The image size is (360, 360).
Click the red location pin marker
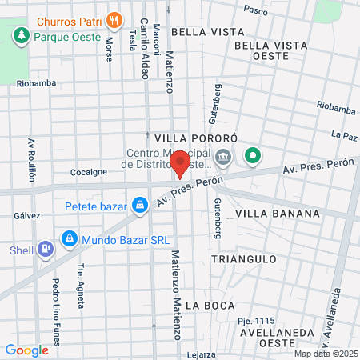(180, 164)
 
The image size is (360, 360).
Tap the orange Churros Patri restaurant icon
(115, 18)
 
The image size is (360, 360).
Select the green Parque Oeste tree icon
(20, 36)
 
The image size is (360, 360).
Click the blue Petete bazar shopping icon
(140, 206)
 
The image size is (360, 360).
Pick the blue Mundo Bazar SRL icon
(68, 239)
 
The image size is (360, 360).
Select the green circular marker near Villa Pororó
(254, 155)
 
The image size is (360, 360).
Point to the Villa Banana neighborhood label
(278, 214)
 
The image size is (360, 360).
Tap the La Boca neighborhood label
(209, 306)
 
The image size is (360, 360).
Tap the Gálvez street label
(27, 216)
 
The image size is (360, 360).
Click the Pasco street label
(255, 10)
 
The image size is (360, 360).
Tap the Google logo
(27, 350)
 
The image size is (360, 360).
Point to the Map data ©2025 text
(324, 354)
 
